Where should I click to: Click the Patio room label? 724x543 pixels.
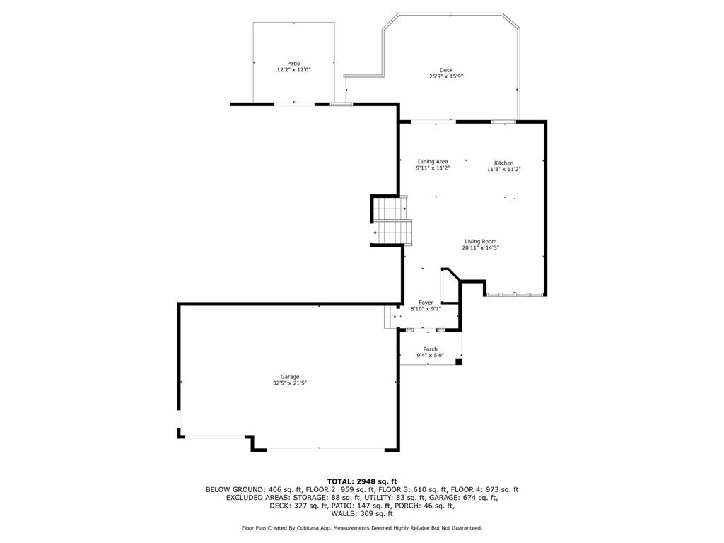[x=293, y=64]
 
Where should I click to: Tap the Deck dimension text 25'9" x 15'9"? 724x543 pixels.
[x=445, y=76]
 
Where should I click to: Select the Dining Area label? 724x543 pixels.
[x=433, y=162]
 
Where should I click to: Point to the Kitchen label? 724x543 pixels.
[x=503, y=163]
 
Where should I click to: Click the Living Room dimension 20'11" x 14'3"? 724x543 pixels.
[x=480, y=248]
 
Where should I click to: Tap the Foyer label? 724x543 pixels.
[x=426, y=303]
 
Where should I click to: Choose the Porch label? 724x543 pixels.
[x=430, y=349]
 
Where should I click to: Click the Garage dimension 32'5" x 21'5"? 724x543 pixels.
[x=289, y=383]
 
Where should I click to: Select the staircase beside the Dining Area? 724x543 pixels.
[x=391, y=221]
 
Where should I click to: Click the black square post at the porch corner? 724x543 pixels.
[x=459, y=362]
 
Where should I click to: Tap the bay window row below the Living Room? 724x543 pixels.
[x=515, y=293]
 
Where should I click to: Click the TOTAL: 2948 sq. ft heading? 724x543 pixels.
[x=362, y=481]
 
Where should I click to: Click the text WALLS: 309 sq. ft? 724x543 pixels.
[x=362, y=514]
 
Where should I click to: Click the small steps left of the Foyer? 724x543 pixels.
[x=390, y=317]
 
